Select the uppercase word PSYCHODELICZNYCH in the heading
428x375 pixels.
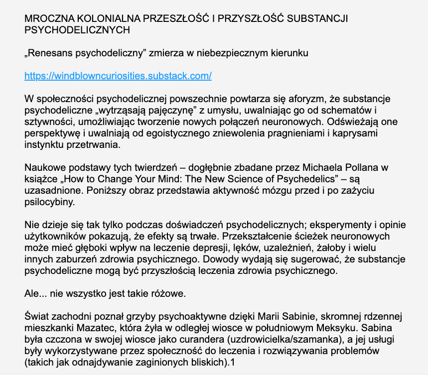tap(77, 30)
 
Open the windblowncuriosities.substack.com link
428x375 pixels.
tap(119, 76)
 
